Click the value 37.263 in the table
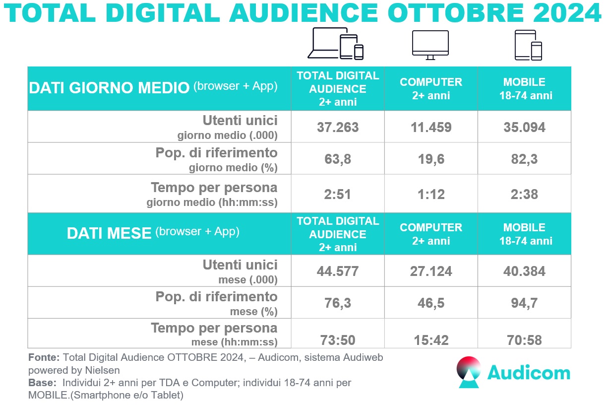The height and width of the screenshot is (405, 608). point(338,127)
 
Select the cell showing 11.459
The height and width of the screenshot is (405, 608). point(430,127)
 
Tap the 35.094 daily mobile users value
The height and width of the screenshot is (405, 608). point(524,127)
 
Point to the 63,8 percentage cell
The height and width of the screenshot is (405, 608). point(338,159)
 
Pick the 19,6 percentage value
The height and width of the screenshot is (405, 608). point(430,159)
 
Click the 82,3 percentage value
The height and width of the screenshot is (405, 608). point(524,159)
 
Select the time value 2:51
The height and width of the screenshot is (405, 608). point(338,195)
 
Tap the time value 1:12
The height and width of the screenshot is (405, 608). point(430,195)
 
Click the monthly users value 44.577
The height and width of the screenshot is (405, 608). point(338,271)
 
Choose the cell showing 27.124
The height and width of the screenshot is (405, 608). point(430,271)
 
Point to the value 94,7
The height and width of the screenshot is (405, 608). point(524,303)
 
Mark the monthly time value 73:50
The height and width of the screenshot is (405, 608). point(338,340)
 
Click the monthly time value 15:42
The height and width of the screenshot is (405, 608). point(430,340)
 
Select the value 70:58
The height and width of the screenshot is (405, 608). point(524,340)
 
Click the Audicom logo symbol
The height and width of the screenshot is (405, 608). point(469,372)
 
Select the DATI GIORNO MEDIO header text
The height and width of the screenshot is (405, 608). point(109,88)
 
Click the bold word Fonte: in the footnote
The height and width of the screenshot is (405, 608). point(44,357)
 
